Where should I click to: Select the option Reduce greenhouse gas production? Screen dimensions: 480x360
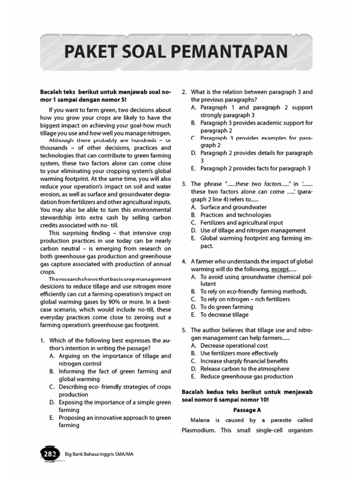tap(247, 376)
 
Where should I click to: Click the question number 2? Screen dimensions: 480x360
tap(183, 92)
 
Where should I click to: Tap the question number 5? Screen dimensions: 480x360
tap(183, 330)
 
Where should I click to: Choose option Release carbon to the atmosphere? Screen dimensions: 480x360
tap(245, 368)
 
